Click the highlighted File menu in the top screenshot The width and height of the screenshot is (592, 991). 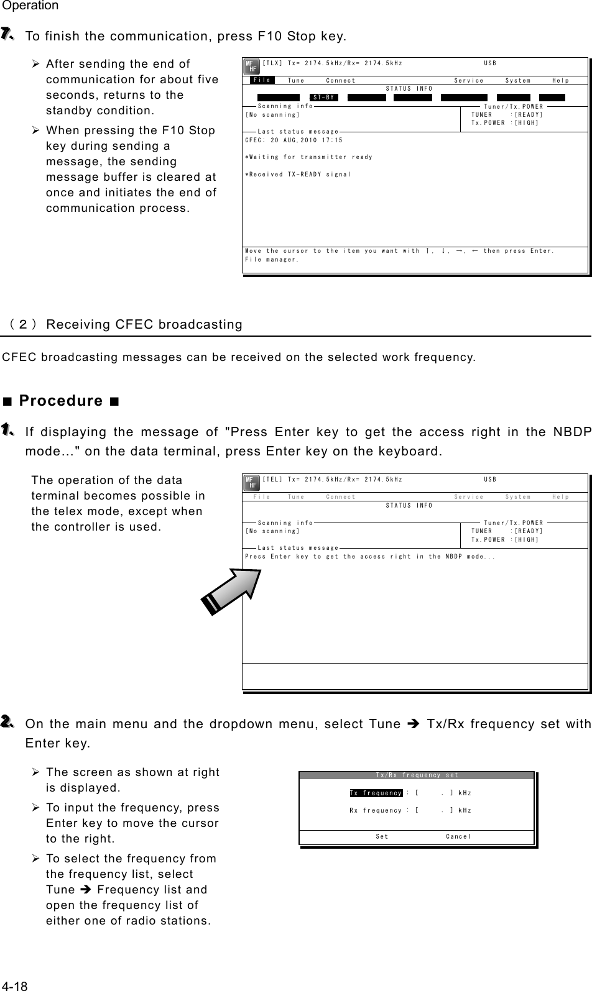click(262, 80)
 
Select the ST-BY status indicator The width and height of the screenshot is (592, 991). click(324, 98)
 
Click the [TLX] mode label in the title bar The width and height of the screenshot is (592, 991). click(272, 63)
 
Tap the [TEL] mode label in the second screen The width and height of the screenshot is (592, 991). click(272, 480)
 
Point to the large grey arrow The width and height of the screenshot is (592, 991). click(231, 591)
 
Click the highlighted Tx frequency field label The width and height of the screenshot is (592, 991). click(376, 793)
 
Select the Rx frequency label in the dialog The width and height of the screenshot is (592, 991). click(376, 810)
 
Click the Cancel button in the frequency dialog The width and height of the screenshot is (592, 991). click(458, 836)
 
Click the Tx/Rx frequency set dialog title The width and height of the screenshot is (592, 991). click(417, 775)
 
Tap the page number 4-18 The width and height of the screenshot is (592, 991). click(14, 986)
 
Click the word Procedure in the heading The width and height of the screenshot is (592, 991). click(61, 400)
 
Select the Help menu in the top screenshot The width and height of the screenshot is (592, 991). click(560, 81)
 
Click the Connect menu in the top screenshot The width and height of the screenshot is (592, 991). click(341, 81)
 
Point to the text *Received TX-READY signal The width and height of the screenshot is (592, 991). click(298, 175)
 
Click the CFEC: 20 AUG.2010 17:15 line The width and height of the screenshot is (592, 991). click(294, 140)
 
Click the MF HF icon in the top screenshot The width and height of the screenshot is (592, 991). click(251, 67)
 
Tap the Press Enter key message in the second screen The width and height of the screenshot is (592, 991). click(370, 557)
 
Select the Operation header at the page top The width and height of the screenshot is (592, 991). click(30, 6)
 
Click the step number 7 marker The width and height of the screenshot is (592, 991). click(7, 35)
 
